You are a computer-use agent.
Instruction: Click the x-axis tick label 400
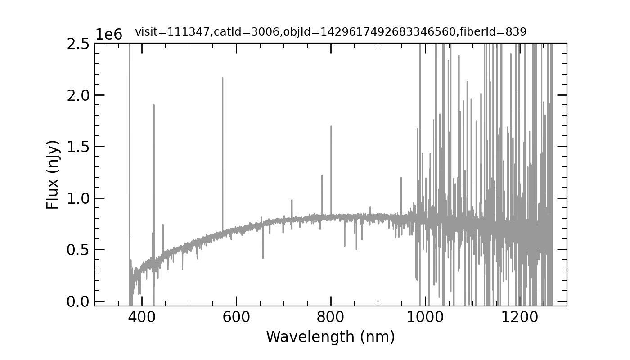[142, 317]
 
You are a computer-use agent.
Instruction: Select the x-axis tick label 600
[236, 317]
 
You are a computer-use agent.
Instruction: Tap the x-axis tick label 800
[331, 317]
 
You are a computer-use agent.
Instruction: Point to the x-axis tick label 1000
[425, 317]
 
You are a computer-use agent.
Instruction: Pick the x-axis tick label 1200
[520, 317]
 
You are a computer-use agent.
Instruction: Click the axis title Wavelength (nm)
[330, 337]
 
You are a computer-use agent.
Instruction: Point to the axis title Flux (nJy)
[53, 175]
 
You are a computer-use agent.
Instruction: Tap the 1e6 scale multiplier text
[108, 35]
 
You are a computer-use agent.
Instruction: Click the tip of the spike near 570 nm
[222, 78]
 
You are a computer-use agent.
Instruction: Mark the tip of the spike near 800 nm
[331, 126]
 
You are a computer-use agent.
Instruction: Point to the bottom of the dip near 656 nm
[263, 258]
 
